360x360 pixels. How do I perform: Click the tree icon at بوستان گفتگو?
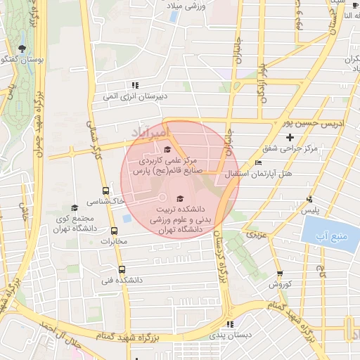(x=23, y=49)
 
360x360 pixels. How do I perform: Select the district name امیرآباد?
(x=150, y=131)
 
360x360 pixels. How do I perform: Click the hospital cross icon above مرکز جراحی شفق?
(x=290, y=136)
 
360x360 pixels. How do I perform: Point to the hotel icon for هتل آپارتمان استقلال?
(x=259, y=162)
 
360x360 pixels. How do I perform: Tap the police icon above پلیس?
(x=309, y=199)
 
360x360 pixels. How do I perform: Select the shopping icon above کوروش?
(x=280, y=274)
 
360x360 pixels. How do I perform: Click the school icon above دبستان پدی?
(x=229, y=324)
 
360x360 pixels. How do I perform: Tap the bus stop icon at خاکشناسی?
(x=105, y=191)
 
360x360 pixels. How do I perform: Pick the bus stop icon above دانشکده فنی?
(x=122, y=269)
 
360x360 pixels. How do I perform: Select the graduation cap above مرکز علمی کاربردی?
(x=167, y=149)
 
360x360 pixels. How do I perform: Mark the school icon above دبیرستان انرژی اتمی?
(x=135, y=84)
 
